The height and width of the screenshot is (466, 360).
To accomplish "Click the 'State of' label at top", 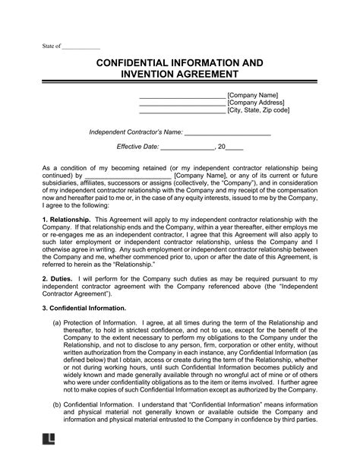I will pyautogui.click(x=51, y=46).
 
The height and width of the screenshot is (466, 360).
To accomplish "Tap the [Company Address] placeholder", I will pyautogui.click(x=257, y=103).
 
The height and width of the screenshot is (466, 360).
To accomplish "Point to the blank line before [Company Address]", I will pyautogui.click(x=182, y=103).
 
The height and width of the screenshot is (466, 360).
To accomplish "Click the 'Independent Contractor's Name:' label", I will pyautogui.click(x=138, y=132).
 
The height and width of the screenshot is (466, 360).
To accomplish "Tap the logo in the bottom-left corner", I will pyautogui.click(x=46, y=458).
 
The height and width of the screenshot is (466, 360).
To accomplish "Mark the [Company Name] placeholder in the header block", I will pyautogui.click(x=254, y=94).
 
